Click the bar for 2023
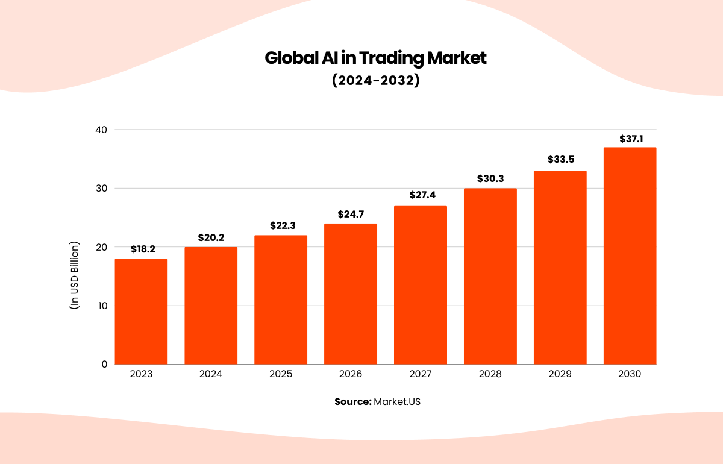coord(141,312)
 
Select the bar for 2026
coord(351,294)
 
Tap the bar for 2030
coord(630,256)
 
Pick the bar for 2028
coord(490,276)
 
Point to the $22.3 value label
coord(281,225)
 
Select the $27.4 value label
coord(421,196)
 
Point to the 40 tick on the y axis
coord(101,130)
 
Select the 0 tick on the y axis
coord(104,364)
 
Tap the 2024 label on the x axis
coord(211,374)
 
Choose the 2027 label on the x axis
coord(421,374)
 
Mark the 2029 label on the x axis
coord(560,374)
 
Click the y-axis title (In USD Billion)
coord(74,275)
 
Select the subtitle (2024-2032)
coord(375,81)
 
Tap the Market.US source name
coord(397,401)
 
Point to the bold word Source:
coord(353,401)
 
